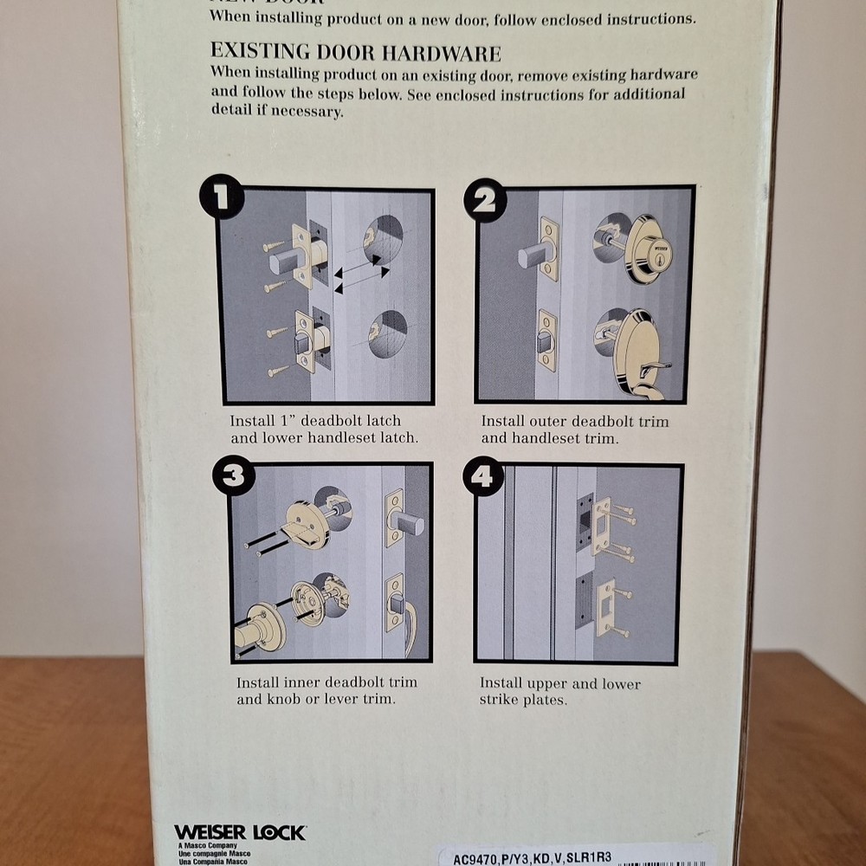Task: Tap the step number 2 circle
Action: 485,200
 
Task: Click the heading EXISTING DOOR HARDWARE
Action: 355,54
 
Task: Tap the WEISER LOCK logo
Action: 239,833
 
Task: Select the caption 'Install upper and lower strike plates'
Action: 560,691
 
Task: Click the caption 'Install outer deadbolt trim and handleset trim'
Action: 574,430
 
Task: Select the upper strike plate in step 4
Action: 602,525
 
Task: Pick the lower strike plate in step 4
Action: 605,606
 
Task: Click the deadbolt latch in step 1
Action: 299,257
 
